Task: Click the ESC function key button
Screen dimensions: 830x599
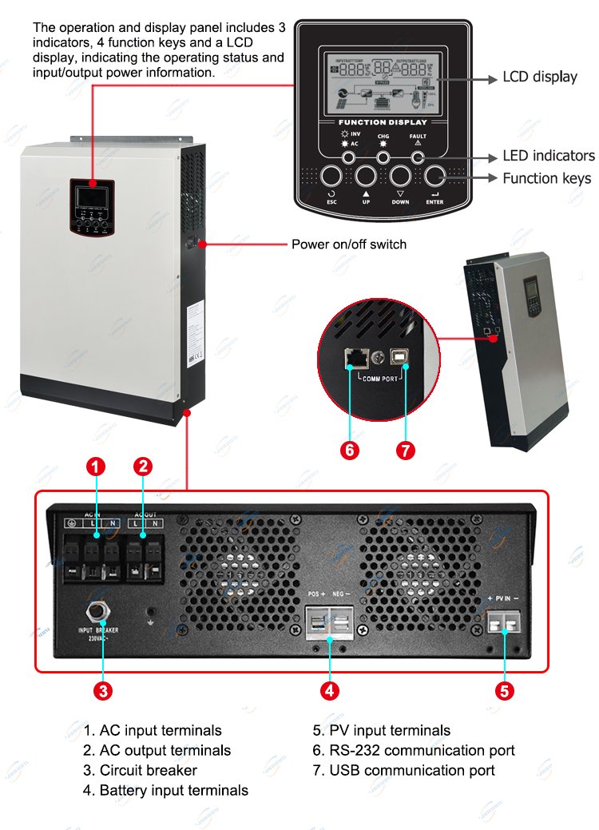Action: click(x=332, y=177)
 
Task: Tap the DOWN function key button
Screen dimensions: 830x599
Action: click(x=400, y=177)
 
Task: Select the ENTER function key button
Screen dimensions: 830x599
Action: click(x=434, y=177)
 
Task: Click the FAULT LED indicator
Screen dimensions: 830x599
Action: click(x=417, y=157)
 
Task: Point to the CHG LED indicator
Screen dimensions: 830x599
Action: click(x=383, y=157)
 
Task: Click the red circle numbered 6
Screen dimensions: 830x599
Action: click(x=349, y=450)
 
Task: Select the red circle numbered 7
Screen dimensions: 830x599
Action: click(x=406, y=450)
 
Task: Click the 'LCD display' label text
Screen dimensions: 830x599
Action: click(x=539, y=77)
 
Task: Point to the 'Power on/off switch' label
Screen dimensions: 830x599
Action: click(x=348, y=244)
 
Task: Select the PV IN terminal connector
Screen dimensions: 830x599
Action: click(x=504, y=621)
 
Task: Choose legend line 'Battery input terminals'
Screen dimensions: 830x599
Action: click(x=166, y=790)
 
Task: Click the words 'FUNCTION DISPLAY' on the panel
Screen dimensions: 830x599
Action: click(x=383, y=122)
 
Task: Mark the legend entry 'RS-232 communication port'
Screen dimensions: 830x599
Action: click(x=414, y=750)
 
